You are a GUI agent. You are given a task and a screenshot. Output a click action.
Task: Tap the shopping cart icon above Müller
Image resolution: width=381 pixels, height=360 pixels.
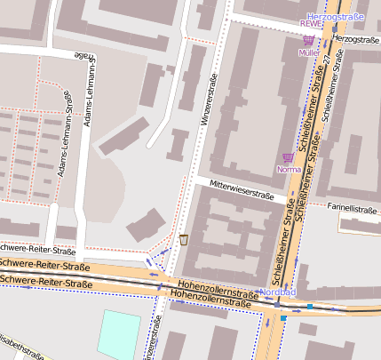(x=308, y=40)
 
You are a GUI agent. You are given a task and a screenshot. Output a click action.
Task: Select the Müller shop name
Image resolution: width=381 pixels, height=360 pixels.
(x=308, y=53)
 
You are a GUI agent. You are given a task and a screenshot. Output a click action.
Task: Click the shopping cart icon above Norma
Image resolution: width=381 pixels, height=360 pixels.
(x=287, y=156)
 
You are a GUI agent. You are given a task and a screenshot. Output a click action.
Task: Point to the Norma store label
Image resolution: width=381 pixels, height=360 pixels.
(x=289, y=169)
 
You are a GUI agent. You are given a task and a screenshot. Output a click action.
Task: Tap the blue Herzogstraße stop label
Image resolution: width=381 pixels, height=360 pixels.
(x=335, y=17)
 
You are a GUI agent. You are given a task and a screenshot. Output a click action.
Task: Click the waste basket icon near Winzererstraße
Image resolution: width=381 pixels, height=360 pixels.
(x=184, y=239)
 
